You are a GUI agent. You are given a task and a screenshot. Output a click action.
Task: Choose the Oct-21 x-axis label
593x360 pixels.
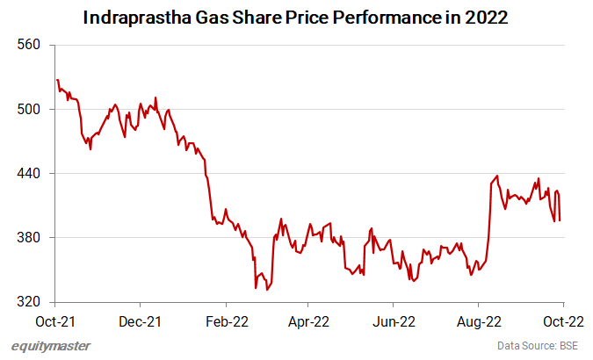click(56, 321)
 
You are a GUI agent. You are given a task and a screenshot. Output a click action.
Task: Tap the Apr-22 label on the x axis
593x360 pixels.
click(309, 321)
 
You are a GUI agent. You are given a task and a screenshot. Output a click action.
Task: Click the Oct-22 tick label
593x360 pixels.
click(563, 321)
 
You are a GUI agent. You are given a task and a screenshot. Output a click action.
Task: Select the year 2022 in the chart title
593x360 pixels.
click(486, 18)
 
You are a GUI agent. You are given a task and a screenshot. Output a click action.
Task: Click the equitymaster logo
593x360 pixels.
click(51, 346)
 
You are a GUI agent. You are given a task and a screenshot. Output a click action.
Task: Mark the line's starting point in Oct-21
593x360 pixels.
click(56, 80)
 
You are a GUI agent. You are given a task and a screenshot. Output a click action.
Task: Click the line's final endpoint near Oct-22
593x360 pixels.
click(560, 220)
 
